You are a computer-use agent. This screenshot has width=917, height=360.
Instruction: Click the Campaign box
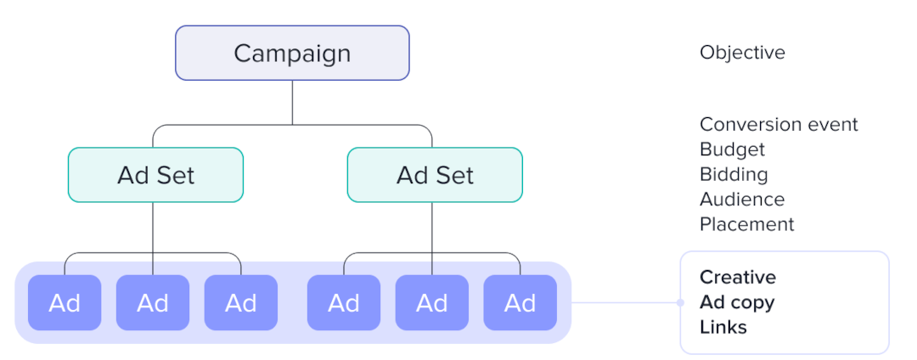click(292, 53)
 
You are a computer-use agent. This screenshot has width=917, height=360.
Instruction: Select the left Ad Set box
click(155, 175)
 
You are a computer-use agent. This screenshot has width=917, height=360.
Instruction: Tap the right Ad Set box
click(435, 175)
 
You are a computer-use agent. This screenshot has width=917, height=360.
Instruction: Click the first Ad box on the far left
click(65, 302)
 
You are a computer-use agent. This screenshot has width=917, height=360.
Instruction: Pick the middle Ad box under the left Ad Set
click(153, 302)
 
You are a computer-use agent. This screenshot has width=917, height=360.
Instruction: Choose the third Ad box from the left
click(241, 302)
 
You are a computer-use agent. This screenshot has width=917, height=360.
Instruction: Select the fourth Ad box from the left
click(344, 302)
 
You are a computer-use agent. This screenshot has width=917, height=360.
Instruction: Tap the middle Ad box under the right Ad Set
click(432, 302)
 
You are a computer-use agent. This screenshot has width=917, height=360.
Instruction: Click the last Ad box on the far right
click(520, 302)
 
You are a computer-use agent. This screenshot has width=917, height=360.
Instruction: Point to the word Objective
click(742, 53)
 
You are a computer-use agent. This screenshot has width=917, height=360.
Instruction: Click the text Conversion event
click(779, 125)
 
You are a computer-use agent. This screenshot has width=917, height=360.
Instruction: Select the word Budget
click(732, 149)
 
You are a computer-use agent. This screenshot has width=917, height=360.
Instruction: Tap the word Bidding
click(734, 175)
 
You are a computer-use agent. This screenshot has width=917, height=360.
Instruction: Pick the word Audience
click(742, 200)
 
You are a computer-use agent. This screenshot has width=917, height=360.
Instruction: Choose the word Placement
click(747, 224)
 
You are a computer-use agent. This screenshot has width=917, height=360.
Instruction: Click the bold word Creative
click(738, 278)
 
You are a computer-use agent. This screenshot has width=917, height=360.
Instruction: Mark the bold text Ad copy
click(737, 302)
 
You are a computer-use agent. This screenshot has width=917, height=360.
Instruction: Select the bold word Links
click(723, 327)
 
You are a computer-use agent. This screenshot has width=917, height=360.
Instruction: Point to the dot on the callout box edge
click(680, 302)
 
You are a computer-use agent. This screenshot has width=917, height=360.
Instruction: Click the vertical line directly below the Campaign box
click(292, 102)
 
